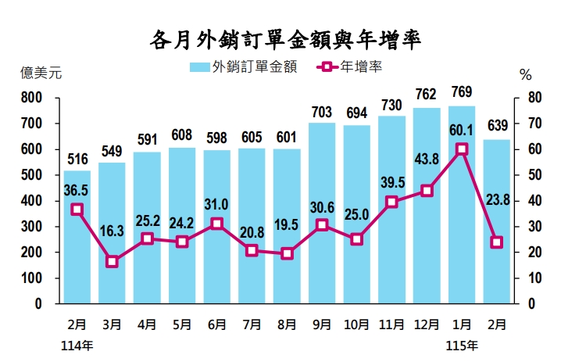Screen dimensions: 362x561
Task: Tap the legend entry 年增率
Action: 360,68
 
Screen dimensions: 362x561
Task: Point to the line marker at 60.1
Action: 462,149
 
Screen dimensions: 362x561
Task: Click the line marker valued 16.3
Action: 112,262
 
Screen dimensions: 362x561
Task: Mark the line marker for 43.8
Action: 427,191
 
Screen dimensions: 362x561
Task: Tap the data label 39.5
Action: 391,182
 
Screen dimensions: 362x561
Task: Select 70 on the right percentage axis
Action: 535,124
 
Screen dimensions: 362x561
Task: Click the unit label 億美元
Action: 41,75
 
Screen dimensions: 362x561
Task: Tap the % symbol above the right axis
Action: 525,76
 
